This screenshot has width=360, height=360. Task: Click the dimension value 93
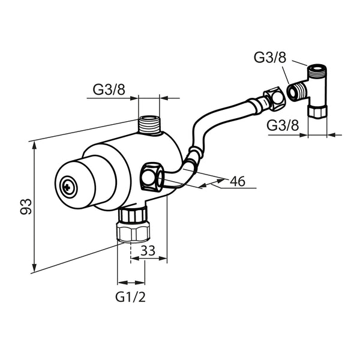26,206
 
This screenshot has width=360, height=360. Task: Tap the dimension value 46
238,181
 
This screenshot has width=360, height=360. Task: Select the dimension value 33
148,250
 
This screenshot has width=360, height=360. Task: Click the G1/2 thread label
130,298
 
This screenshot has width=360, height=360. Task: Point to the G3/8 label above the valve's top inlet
109,89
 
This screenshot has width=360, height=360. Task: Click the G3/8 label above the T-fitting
270,57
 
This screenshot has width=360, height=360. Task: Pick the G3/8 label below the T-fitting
283,125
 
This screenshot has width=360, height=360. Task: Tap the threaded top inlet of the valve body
149,125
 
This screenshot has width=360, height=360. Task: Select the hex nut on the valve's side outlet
152,176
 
